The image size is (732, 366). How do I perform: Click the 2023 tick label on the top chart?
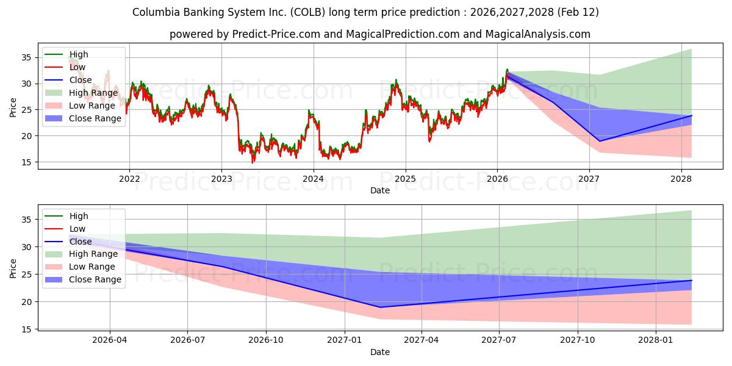click(x=221, y=179)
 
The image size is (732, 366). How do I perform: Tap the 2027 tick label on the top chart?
click(x=589, y=179)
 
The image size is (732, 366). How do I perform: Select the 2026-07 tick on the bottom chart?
click(x=187, y=340)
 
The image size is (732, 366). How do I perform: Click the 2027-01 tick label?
click(x=345, y=340)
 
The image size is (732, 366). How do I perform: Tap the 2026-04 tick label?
click(x=110, y=340)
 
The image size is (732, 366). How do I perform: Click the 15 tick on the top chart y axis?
click(x=27, y=162)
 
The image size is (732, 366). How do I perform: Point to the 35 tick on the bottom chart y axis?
click(x=27, y=220)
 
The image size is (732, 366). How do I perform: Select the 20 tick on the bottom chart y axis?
click(x=27, y=302)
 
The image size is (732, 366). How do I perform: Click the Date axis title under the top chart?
click(x=379, y=190)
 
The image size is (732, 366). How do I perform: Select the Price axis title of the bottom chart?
click(x=13, y=268)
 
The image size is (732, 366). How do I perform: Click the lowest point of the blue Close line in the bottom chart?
click(x=380, y=307)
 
